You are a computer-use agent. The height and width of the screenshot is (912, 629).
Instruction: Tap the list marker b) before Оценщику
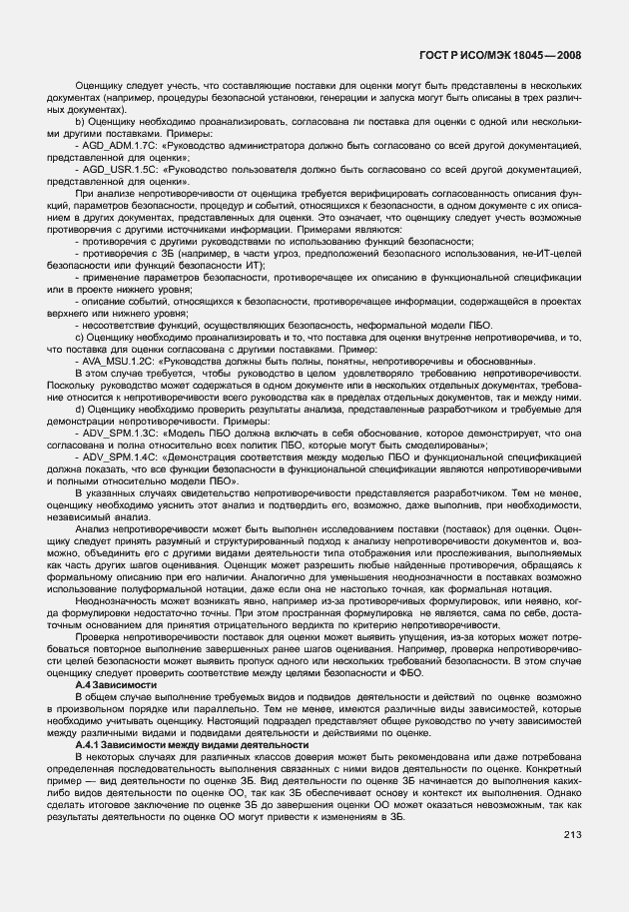[x=80, y=123]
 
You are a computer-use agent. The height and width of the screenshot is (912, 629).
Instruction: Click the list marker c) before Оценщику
[x=80, y=337]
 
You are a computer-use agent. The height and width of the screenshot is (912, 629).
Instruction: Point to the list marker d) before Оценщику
[x=80, y=409]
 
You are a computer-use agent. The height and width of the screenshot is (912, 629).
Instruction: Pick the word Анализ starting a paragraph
[x=93, y=528]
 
